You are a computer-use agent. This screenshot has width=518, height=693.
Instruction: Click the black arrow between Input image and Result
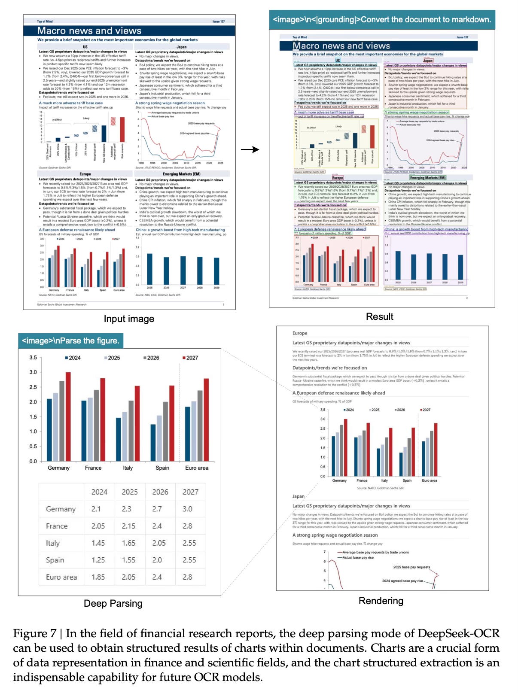coord(250,149)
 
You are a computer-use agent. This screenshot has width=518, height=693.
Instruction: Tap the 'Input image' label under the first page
coord(129,319)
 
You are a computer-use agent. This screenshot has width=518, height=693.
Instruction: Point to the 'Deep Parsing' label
coord(113,603)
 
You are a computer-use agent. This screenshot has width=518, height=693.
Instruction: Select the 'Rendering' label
coord(381,601)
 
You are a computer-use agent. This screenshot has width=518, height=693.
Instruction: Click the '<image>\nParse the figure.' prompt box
coord(70,340)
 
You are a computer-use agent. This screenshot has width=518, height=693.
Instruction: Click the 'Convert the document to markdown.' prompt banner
coord(382,20)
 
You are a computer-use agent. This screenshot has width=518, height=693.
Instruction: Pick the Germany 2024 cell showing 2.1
coord(96,509)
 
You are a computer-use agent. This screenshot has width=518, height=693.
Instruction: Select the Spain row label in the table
coord(55,560)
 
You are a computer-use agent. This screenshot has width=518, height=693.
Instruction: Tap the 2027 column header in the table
coord(190,492)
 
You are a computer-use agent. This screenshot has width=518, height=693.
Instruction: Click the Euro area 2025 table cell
coord(128,577)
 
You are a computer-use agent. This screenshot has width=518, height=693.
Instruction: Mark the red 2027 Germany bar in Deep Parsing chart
coord(68,416)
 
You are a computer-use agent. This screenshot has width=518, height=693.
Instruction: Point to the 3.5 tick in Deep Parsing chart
coord(33,357)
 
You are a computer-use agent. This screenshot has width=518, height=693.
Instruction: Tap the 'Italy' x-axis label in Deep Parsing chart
coord(128,468)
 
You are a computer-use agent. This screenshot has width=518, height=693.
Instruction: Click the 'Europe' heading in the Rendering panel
coord(300,333)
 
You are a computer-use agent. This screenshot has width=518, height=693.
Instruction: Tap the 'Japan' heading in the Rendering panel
coord(298,496)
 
